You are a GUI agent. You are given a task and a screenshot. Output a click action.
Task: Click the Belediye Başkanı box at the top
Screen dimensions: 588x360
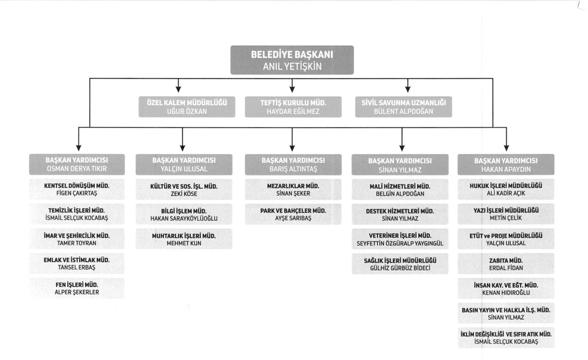click(x=292, y=60)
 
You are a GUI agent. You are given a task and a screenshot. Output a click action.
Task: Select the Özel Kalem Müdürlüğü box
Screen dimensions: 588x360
click(x=187, y=107)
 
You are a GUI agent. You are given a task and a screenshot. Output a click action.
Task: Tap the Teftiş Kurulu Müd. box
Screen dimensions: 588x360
click(x=293, y=107)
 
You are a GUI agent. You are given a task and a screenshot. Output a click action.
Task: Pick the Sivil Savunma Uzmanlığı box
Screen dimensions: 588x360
click(x=404, y=107)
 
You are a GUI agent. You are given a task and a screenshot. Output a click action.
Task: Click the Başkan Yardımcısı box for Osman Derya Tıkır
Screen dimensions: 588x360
click(x=77, y=164)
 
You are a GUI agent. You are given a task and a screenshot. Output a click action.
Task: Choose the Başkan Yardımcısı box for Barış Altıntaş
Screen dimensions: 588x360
click(x=293, y=165)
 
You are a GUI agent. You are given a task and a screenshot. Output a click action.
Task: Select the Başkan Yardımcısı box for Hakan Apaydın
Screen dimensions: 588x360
click(x=506, y=165)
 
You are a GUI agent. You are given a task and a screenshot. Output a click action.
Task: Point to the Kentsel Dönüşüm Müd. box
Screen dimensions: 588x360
click(x=77, y=189)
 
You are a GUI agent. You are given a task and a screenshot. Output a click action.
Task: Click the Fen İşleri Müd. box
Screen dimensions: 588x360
click(x=77, y=288)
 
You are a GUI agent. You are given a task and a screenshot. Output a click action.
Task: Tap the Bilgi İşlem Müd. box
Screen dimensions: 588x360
click(x=184, y=214)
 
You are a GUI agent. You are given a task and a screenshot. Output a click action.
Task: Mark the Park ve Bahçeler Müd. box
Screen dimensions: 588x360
click(x=293, y=214)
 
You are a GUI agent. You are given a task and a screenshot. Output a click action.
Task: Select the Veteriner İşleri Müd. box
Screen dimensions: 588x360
click(x=400, y=239)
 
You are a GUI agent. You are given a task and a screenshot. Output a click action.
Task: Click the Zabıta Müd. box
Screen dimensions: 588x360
click(x=506, y=264)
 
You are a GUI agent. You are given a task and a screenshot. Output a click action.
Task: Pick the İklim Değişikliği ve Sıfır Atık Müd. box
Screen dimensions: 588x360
click(x=506, y=338)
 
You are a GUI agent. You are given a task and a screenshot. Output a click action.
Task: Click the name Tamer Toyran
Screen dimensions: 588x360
click(x=77, y=243)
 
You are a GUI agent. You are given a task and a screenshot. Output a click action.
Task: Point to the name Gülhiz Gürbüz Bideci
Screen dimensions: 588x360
click(x=400, y=268)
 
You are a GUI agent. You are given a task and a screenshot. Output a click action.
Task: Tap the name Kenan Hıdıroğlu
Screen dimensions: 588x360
click(x=506, y=293)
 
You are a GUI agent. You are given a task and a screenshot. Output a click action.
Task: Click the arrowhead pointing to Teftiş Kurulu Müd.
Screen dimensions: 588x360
click(x=292, y=89)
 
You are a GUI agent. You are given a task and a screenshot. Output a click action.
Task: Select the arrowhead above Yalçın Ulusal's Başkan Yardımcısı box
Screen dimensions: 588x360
click(x=183, y=148)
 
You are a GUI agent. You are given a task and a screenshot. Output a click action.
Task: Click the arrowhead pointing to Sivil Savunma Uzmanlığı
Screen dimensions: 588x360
click(x=408, y=89)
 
